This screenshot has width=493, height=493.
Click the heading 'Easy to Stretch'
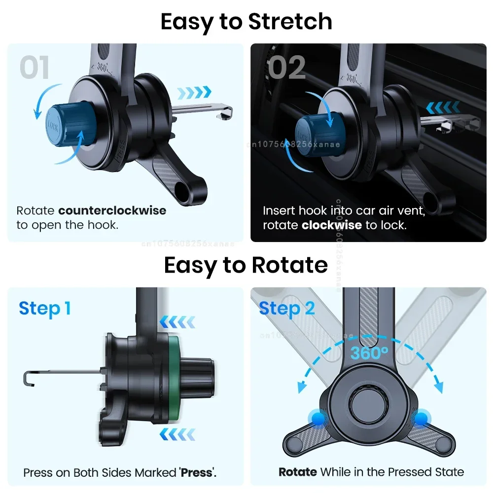[x=246, y=22]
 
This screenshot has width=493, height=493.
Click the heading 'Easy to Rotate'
[x=246, y=265]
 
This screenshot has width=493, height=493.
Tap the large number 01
[x=35, y=68]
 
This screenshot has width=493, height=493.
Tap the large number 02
[x=287, y=68]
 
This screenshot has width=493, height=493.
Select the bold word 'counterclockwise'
[x=112, y=211]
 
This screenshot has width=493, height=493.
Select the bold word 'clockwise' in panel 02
[x=332, y=225]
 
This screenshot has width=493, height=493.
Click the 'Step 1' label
[x=45, y=309]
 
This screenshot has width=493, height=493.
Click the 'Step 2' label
[x=287, y=309]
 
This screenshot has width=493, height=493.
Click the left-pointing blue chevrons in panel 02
[x=443, y=107]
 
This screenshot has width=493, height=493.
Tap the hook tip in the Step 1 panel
[x=27, y=378]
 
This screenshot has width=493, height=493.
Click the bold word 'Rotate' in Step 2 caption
[x=297, y=472]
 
